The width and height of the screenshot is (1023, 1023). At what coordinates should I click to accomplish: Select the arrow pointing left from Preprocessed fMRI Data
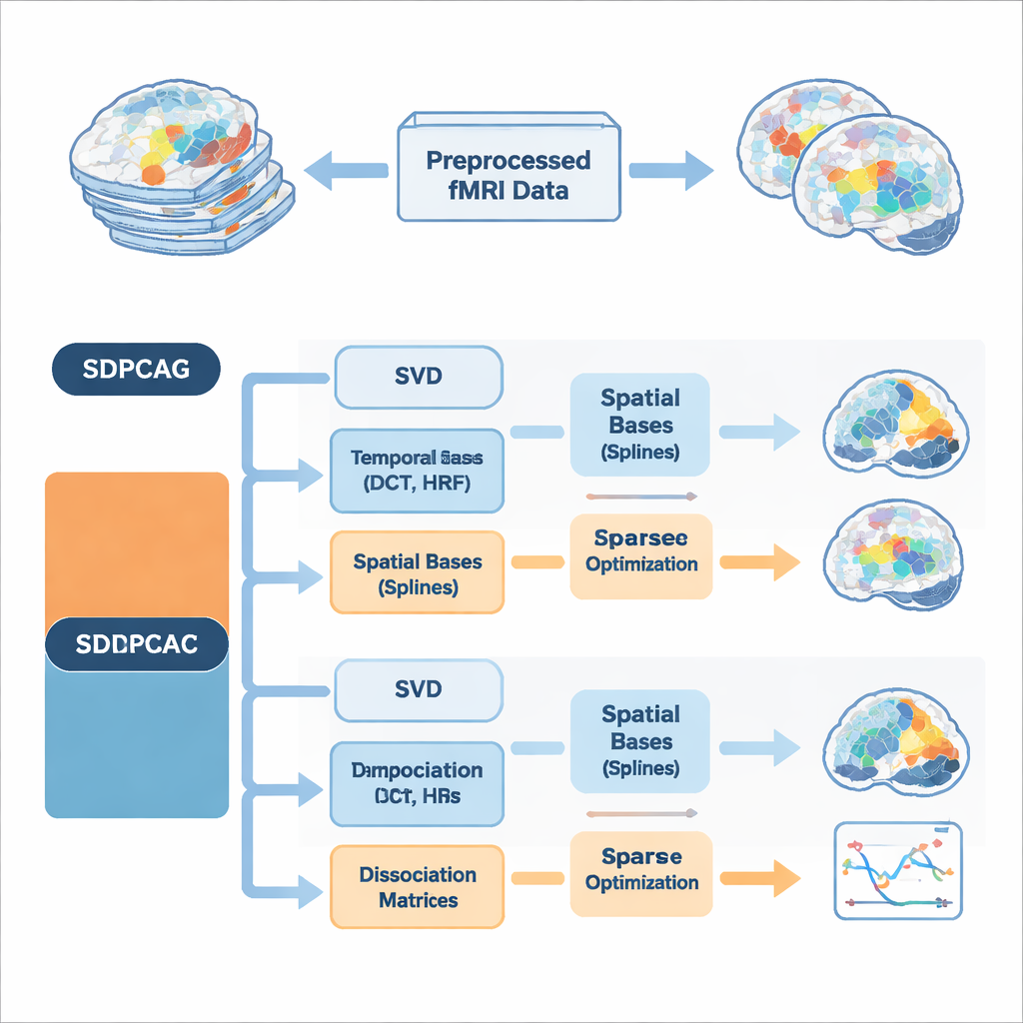point(345,172)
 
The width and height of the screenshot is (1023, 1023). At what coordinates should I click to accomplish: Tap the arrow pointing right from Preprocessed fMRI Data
point(671,172)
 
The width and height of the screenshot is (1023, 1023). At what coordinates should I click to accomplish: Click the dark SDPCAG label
point(135,370)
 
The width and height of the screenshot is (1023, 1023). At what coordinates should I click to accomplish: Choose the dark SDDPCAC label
point(137,644)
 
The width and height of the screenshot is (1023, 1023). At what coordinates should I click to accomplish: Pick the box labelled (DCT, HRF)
point(418,471)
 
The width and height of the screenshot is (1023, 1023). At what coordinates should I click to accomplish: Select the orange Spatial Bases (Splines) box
point(418,573)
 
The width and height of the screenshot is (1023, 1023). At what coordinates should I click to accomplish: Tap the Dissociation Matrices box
point(418,887)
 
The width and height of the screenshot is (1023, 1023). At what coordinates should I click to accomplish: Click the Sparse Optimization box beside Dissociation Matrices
point(641,870)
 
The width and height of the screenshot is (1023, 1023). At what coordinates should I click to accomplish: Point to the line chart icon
point(897,870)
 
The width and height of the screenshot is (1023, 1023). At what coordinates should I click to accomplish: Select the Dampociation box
point(418,784)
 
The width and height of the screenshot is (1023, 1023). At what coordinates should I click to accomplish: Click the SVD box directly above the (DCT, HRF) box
point(418,378)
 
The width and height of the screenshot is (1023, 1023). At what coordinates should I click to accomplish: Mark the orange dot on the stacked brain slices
point(153,175)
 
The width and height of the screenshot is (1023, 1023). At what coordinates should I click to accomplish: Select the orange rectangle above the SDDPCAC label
point(137,544)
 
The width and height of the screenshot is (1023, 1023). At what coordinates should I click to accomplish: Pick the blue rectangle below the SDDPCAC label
point(137,744)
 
